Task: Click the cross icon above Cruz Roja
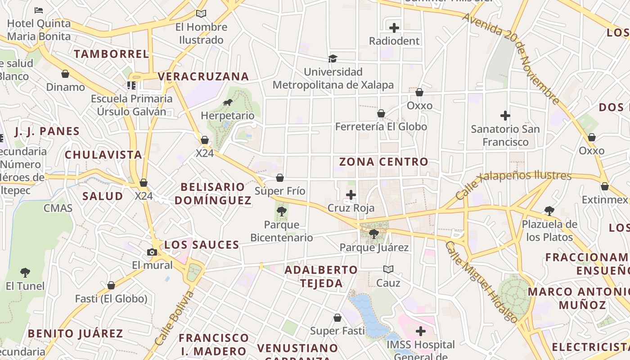coord(351,195)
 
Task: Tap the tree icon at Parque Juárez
coord(373,234)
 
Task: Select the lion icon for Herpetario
coord(228,103)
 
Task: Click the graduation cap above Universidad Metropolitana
coord(333,58)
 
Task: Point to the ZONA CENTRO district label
coord(383,162)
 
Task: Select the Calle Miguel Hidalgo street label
coord(481,282)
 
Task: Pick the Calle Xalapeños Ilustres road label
coord(513,184)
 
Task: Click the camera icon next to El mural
coord(152,252)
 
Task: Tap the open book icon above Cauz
coord(388,269)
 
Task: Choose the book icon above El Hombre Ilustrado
coord(201,14)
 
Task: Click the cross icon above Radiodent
coord(394,28)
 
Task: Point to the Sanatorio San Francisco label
coord(505,135)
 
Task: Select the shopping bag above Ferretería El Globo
coord(381,113)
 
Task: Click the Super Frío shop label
coord(280,191)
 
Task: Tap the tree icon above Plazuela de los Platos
coord(549,211)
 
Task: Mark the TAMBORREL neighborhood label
coord(111,54)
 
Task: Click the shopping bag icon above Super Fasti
coord(337,318)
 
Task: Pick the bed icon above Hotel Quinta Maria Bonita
coord(39,10)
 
